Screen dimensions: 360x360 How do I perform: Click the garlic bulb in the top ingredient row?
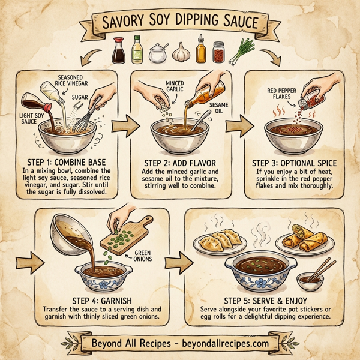click(x=179, y=53)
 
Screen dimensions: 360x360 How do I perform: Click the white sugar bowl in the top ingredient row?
click(x=158, y=54)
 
